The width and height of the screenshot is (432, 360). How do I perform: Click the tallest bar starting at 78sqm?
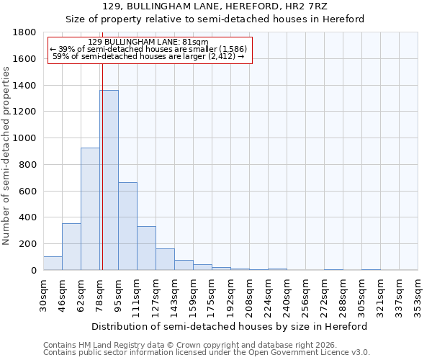(109, 180)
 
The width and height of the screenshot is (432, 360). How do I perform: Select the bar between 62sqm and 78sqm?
(90, 209)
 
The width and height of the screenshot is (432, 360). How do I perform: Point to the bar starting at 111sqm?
(146, 248)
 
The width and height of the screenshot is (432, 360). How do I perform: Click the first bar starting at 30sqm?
(53, 264)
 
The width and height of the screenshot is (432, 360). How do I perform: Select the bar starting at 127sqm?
(165, 259)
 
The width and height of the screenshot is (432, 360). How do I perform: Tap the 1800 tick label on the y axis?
(26, 32)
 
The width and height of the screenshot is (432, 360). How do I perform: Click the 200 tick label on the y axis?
(29, 244)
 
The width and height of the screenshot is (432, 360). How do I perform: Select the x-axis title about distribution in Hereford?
(230, 326)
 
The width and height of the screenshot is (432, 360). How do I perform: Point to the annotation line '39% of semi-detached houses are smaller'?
(149, 49)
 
